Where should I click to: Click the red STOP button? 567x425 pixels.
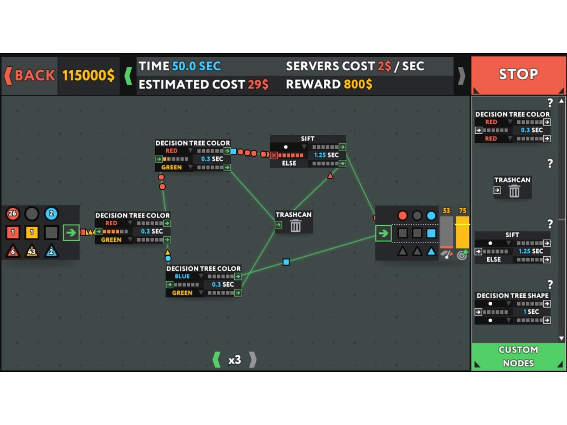(518, 74)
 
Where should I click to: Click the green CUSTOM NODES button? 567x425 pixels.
(518, 356)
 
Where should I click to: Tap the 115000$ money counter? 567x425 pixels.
(89, 75)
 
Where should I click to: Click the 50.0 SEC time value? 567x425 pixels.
(196, 66)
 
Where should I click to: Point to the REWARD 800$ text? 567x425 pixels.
(329, 84)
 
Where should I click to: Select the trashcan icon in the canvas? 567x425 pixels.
(296, 225)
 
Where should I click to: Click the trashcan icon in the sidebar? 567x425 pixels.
(514, 191)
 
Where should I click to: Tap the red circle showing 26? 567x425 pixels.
(13, 214)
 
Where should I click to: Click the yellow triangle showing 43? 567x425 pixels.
(32, 251)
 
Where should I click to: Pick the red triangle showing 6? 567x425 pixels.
(13, 251)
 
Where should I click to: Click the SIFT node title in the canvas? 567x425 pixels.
(308, 139)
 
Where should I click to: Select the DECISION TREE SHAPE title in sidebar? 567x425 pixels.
(512, 296)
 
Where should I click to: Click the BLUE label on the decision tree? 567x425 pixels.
(182, 276)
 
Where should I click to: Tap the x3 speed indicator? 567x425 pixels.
(235, 360)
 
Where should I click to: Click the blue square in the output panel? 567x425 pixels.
(431, 233)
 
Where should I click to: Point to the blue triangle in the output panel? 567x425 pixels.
(431, 251)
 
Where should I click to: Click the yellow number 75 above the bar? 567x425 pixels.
(463, 211)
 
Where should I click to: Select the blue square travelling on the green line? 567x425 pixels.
(286, 262)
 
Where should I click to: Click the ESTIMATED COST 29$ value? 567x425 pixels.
(258, 84)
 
